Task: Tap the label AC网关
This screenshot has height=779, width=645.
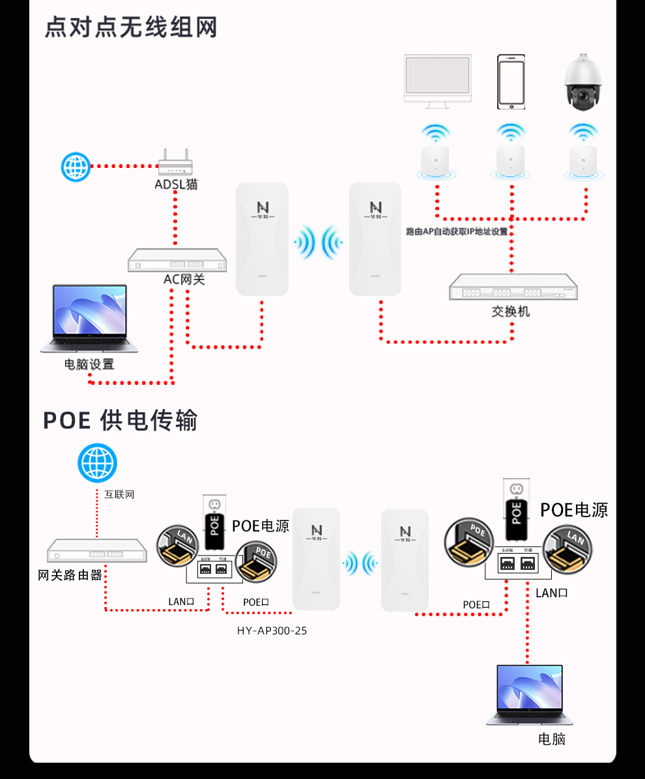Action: (x=184, y=280)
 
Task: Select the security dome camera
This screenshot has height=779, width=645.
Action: (x=584, y=83)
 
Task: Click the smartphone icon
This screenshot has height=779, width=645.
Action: (x=511, y=81)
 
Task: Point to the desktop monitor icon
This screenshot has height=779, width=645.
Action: (x=437, y=79)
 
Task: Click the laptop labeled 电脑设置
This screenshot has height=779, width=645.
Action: (x=90, y=318)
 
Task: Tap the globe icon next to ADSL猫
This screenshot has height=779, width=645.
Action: (x=75, y=167)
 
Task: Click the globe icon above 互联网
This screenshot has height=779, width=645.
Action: (x=97, y=463)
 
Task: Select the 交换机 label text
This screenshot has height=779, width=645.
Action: (x=511, y=311)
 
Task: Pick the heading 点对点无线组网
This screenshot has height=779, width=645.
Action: (x=130, y=28)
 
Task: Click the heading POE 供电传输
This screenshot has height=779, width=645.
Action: (x=120, y=420)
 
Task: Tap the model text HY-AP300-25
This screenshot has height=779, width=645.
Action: (x=272, y=630)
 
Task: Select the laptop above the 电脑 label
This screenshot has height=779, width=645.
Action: (x=530, y=694)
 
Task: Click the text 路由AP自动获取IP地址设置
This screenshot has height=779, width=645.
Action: (x=456, y=231)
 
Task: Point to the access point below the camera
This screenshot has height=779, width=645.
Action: (x=582, y=160)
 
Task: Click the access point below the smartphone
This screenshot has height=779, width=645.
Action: (x=510, y=160)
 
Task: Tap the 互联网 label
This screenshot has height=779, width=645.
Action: (x=119, y=494)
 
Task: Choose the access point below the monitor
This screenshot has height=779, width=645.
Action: (x=436, y=160)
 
